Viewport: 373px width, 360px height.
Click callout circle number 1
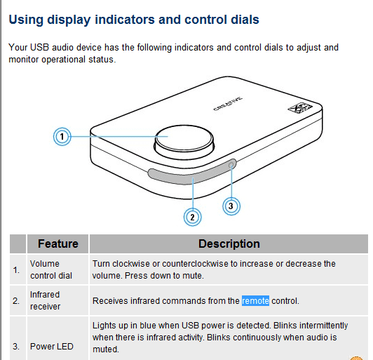(62, 137)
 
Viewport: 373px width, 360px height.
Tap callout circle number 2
(192, 217)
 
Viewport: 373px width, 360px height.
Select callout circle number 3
(231, 206)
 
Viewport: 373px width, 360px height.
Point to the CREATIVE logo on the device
(228, 104)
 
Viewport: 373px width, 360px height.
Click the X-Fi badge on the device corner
(300, 108)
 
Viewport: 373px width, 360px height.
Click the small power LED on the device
(231, 165)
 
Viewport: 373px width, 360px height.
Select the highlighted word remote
(255, 301)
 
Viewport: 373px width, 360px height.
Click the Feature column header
(58, 244)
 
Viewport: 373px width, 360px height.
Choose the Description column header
(229, 244)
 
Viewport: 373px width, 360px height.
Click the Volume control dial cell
(51, 269)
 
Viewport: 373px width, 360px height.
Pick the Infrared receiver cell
(45, 300)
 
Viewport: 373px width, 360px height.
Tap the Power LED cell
(52, 347)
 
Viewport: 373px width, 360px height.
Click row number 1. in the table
(16, 270)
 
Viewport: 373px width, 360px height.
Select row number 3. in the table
(16, 347)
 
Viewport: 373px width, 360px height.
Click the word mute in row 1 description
(192, 276)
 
